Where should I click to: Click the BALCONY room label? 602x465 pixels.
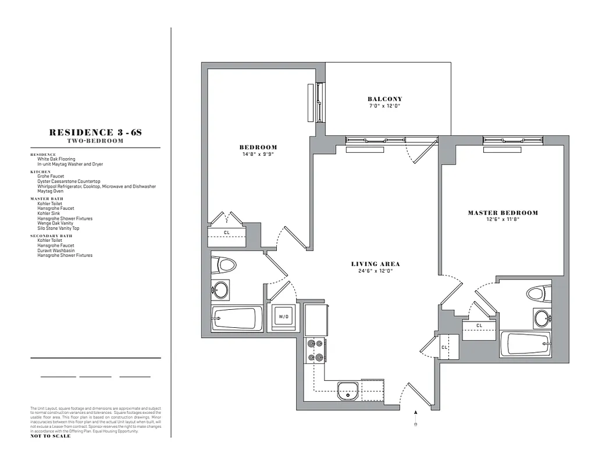385,99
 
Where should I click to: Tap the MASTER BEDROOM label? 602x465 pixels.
503,213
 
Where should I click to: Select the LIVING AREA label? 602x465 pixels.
375,264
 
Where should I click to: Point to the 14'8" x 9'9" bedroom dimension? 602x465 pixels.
258,154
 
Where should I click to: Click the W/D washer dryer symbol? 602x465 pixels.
283,317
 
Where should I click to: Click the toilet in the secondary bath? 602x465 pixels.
223,265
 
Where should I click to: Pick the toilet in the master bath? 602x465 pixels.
539,293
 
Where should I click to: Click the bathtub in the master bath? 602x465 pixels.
526,344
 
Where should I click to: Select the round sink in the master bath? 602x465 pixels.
543,318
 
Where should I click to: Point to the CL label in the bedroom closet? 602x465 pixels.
226,233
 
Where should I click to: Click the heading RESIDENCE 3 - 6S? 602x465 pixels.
95,133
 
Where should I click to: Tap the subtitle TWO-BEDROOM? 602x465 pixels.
95,141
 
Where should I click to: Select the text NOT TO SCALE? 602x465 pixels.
51,436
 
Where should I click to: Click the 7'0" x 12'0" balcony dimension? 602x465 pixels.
385,106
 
